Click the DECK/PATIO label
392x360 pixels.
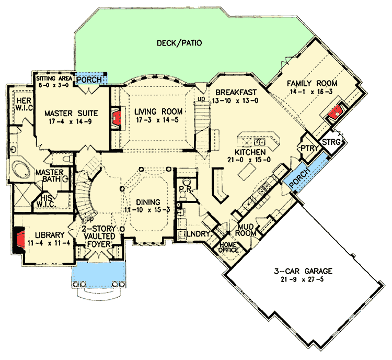pos(179,43)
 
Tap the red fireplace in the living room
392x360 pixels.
pos(117,118)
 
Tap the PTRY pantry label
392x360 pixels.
pos(309,148)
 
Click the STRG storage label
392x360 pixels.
pos(331,142)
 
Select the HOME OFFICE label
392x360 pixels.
pos(228,247)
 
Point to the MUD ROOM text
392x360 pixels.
pos(246,230)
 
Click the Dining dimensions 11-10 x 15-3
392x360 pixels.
pos(147,210)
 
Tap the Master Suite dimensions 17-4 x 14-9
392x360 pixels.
pos(71,122)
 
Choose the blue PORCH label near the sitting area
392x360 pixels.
pos(89,80)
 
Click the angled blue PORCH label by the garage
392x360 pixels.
pos(299,178)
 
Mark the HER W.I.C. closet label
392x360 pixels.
pos(24,104)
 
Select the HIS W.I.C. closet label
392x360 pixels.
pos(47,200)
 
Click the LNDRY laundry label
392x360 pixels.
pos(198,234)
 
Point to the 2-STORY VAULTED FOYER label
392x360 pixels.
pos(99,237)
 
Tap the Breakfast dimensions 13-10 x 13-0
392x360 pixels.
pos(235,100)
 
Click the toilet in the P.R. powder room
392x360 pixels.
pos(186,182)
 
